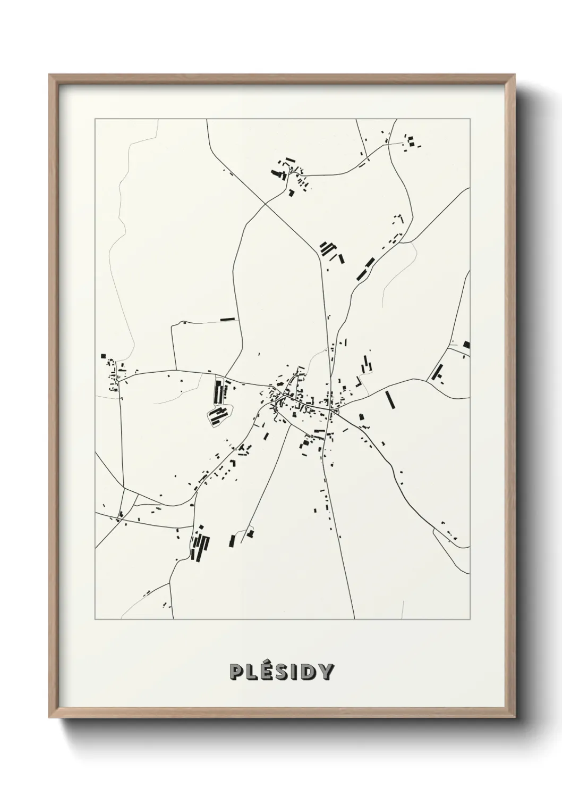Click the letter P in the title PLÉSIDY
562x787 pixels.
pos(236,672)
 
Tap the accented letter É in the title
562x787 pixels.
pos(266,671)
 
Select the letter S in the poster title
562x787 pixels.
pos(282,672)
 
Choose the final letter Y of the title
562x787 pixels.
pos(325,672)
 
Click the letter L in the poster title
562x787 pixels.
pos(251,672)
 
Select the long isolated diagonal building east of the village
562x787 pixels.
pos(390,399)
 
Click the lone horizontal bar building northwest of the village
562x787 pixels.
pos(227,319)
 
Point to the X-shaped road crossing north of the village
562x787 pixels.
pos(266,203)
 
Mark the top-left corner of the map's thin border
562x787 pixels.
pos(95,119)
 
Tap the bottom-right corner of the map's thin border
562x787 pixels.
pos(470,619)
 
